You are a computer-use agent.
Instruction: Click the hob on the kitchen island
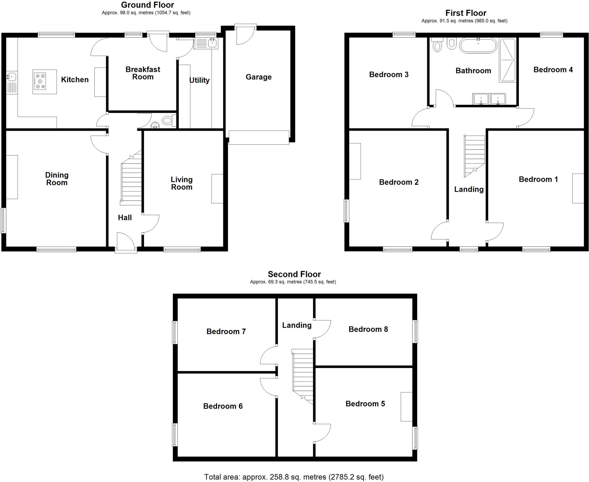pyautogui.click(x=40, y=81)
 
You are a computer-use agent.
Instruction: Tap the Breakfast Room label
pyautogui.click(x=143, y=73)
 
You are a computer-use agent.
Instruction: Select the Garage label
pyautogui.click(x=259, y=77)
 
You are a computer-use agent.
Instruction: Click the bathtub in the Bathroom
pyautogui.click(x=478, y=45)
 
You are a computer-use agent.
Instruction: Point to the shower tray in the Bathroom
pyautogui.click(x=508, y=60)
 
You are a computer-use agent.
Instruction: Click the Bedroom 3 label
pyautogui.click(x=389, y=75)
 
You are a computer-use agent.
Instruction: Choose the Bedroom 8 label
pyautogui.click(x=368, y=329)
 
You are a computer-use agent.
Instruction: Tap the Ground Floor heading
pyautogui.click(x=147, y=5)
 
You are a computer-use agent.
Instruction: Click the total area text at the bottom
pyautogui.click(x=294, y=477)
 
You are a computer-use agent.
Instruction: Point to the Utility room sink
pyautogui.click(x=206, y=43)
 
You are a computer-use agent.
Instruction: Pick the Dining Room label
pyautogui.click(x=57, y=179)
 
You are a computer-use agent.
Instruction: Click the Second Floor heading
pyautogui.click(x=294, y=274)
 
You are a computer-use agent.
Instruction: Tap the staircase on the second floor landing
pyautogui.click(x=303, y=374)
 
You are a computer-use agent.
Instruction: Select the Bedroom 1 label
pyautogui.click(x=538, y=180)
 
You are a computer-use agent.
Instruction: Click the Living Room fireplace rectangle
pyautogui.click(x=217, y=188)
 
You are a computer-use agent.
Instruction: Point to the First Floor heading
pyautogui.click(x=466, y=13)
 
